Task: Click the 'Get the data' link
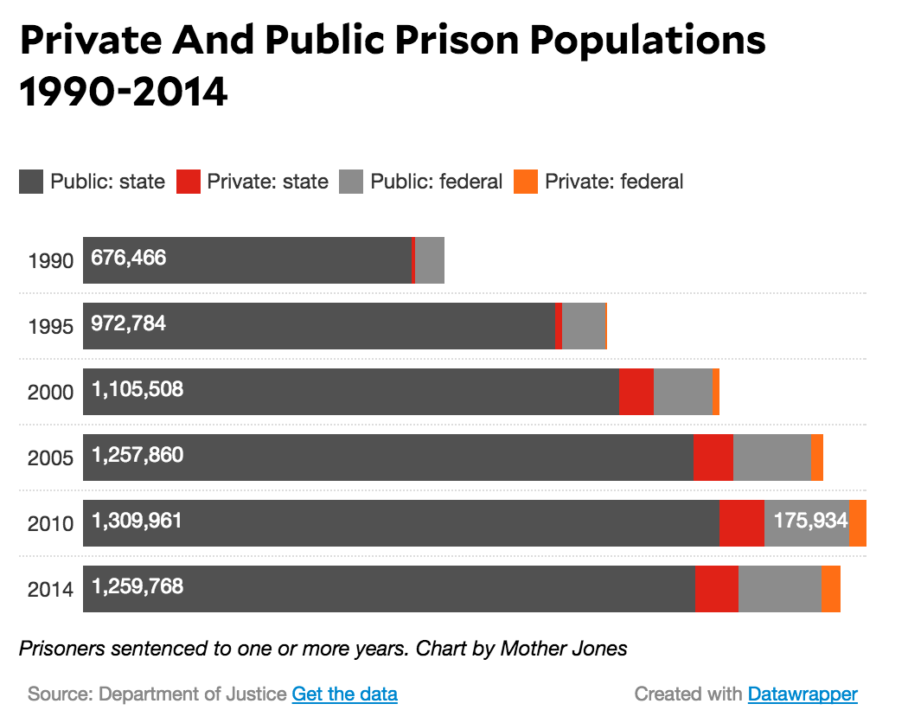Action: [x=344, y=694]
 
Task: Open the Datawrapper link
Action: [x=802, y=694]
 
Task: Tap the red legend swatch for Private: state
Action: [x=188, y=182]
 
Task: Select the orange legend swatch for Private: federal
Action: [x=525, y=182]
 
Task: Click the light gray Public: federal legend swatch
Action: [x=350, y=182]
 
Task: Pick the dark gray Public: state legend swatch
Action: [x=31, y=182]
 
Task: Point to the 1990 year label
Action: [x=50, y=260]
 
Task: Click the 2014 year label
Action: [x=50, y=590]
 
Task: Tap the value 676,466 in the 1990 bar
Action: [x=128, y=257]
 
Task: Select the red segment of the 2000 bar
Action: [x=636, y=392]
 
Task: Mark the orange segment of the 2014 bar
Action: [x=830, y=589]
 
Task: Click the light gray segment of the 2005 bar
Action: [x=771, y=457]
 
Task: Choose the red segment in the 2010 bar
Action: [x=741, y=523]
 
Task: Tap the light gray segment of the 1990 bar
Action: [x=430, y=260]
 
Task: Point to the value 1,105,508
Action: [x=137, y=389]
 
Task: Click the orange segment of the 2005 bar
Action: [x=817, y=457]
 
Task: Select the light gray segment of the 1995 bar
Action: [x=583, y=326]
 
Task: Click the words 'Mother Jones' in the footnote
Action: [x=563, y=648]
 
